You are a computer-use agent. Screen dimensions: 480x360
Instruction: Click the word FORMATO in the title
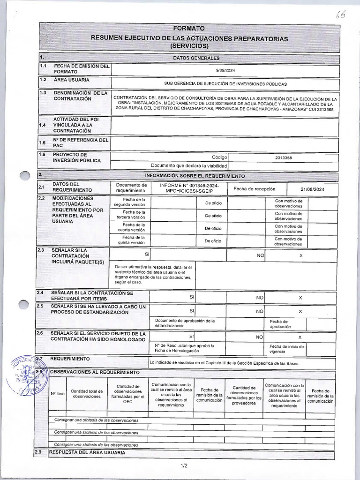(189, 29)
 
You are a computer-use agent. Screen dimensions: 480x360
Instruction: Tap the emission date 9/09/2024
(225, 69)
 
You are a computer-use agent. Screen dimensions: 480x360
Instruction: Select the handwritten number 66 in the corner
(340, 15)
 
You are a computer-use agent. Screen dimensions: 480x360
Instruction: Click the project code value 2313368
(283, 158)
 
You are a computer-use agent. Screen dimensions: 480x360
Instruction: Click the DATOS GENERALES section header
(196, 58)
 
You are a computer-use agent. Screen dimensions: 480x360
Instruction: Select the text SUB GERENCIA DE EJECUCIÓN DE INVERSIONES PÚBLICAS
(225, 84)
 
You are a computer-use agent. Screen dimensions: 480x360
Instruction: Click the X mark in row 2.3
(300, 255)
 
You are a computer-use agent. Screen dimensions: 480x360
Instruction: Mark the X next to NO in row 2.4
(300, 298)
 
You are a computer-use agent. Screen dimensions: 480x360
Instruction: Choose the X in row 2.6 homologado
(300, 337)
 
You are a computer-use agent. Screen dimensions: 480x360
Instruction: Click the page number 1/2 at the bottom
(183, 465)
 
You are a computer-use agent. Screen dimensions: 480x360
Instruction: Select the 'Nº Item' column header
(57, 393)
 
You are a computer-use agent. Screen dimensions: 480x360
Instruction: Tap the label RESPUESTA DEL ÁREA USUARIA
(87, 452)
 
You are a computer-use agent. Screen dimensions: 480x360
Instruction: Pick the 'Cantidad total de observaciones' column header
(87, 393)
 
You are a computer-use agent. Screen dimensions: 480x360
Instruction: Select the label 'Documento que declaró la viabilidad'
(189, 165)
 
